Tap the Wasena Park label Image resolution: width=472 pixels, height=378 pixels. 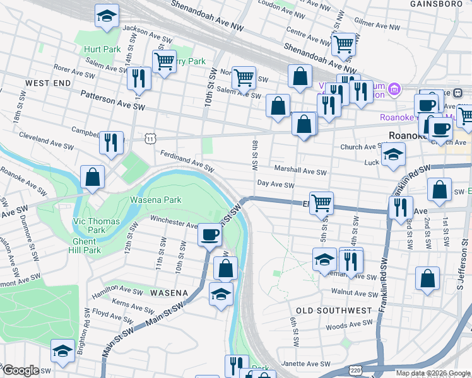pos(155,200)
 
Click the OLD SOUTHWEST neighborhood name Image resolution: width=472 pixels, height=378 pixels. pos(334,311)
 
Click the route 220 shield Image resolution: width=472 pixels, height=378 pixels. pos(355,371)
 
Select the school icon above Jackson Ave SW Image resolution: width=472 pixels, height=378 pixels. pos(107,15)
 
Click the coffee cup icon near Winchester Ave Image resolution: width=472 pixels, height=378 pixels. pos(209,235)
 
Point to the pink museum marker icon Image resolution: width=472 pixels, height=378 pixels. pos(395,89)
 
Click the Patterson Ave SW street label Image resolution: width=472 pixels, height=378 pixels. pos(112,100)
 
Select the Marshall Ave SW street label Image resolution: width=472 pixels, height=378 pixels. pos(300,171)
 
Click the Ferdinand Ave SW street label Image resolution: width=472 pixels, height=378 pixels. pos(187,161)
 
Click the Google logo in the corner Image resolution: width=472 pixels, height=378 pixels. pos(21,370)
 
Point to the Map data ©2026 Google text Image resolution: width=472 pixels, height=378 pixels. pos(432,373)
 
